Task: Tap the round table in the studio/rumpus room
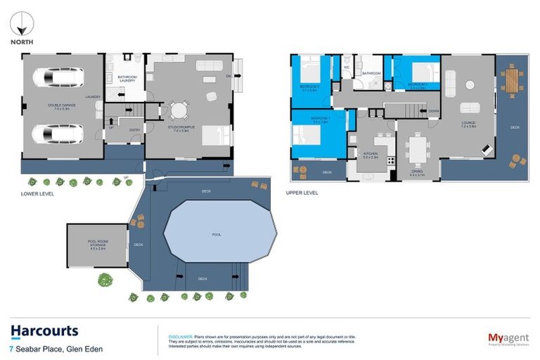179,110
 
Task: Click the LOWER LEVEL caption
37,193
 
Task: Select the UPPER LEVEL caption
302,191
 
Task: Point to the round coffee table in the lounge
469,85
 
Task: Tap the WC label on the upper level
346,67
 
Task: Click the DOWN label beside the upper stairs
433,111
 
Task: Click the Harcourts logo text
44,331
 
